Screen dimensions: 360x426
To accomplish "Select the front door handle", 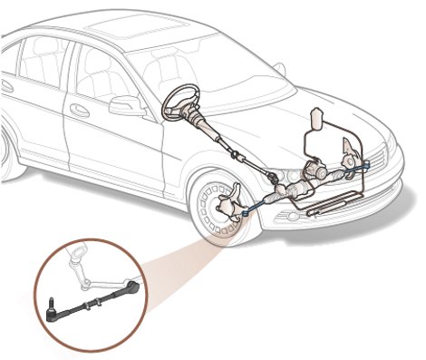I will coord(80,111).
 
